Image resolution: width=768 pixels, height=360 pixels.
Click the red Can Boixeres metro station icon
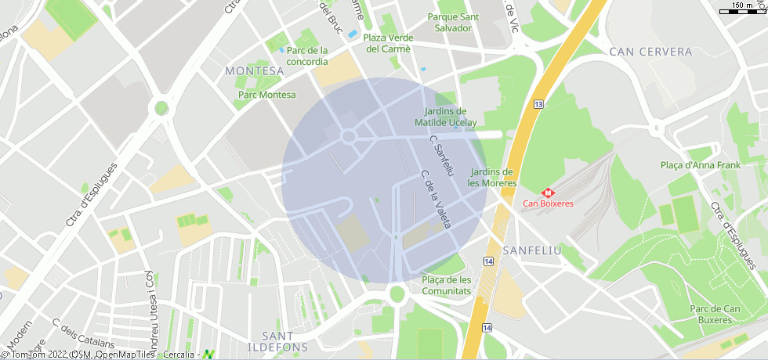[548, 192]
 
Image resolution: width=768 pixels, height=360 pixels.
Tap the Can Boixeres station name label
[548, 203]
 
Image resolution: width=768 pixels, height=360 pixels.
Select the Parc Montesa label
[267, 95]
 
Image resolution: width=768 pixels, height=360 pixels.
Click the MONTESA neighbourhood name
[254, 70]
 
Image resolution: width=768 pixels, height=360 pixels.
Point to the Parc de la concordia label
[307, 56]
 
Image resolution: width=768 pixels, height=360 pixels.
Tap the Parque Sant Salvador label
[454, 22]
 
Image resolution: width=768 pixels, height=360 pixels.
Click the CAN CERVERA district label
[650, 52]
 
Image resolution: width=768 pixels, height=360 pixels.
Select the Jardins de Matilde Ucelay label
[445, 117]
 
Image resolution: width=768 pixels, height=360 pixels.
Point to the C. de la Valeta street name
[436, 199]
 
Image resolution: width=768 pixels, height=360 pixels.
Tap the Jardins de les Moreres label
[492, 178]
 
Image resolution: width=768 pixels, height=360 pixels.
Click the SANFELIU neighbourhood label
[532, 250]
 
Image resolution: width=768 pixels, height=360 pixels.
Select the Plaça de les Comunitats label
[446, 285]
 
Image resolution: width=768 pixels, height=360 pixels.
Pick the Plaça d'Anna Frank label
[700, 165]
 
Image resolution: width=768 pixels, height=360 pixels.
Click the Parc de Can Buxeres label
[715, 314]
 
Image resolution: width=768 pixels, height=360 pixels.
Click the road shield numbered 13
[538, 104]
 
